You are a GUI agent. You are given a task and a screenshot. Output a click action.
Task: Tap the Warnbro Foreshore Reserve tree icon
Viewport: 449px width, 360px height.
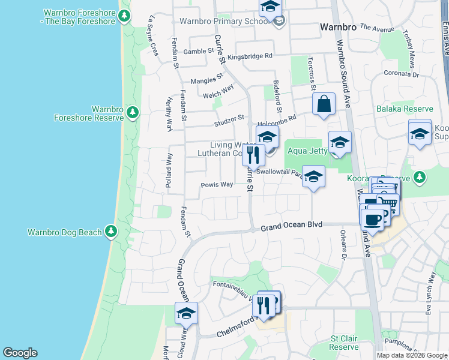133,112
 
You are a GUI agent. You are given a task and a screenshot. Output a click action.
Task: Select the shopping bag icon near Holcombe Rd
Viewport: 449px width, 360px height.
324,103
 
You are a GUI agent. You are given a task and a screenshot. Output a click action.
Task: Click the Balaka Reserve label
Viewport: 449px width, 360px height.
405,109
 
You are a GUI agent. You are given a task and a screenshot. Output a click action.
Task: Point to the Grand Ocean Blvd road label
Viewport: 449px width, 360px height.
292,225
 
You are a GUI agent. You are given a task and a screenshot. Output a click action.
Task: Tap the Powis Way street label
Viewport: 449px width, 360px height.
217,185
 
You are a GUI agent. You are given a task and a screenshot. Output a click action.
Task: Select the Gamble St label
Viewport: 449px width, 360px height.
199,52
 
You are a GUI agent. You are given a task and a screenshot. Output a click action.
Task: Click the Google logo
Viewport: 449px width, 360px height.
20,353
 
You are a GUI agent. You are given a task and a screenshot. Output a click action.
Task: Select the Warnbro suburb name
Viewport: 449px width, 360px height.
338,27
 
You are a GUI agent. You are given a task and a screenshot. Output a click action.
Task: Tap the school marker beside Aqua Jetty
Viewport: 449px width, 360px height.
340,143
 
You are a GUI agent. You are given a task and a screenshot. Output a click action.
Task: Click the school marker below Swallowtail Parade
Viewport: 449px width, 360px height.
313,177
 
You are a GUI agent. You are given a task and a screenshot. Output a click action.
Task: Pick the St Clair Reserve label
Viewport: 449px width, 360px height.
344,343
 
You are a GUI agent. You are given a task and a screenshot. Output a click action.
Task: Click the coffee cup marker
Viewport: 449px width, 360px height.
372,219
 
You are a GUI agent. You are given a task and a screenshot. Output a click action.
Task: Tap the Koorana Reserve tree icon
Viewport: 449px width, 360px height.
420,178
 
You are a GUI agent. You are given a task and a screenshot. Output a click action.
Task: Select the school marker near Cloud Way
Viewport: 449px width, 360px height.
186,314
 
